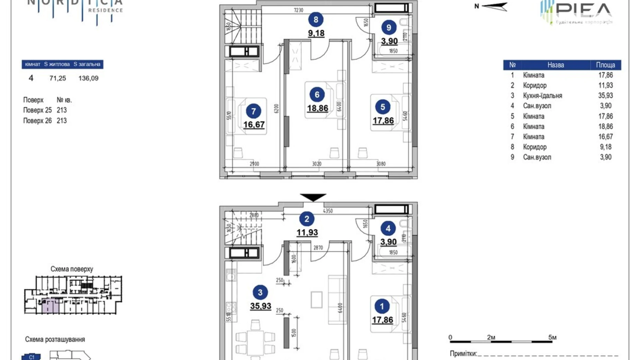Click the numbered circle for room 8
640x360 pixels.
coord(316,20)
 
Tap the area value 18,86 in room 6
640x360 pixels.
coord(317,108)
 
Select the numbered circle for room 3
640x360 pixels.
coord(260,292)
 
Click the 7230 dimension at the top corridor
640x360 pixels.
coord(298,10)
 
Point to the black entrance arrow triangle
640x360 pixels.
coord(313,197)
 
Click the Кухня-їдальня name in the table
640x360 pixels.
coord(542,96)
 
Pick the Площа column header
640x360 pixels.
coord(605,65)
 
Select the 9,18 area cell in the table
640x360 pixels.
coord(605,147)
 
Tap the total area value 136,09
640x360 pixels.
coord(88,78)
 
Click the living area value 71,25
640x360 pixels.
coord(57,78)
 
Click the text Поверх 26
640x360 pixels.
coord(37,120)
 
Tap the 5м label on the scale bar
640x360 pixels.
coord(552,337)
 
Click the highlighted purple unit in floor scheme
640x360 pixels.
coord(51,306)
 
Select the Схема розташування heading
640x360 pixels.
coord(55,339)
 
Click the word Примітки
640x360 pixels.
coord(463,353)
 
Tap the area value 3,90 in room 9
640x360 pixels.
coord(389,41)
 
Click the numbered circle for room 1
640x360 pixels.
coord(382,306)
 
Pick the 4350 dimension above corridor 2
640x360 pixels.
coord(328,211)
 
